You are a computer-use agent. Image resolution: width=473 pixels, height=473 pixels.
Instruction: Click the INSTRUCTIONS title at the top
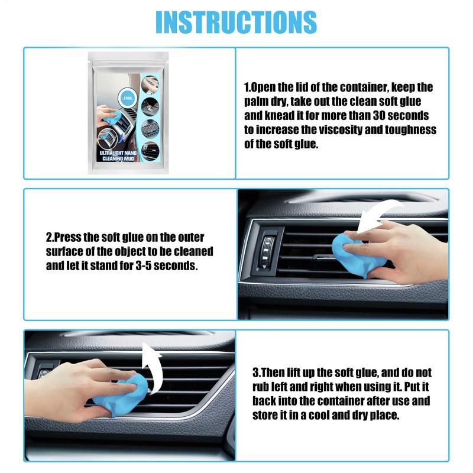tap(236, 22)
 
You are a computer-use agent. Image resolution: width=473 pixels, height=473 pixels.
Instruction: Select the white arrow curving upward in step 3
tap(153, 367)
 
